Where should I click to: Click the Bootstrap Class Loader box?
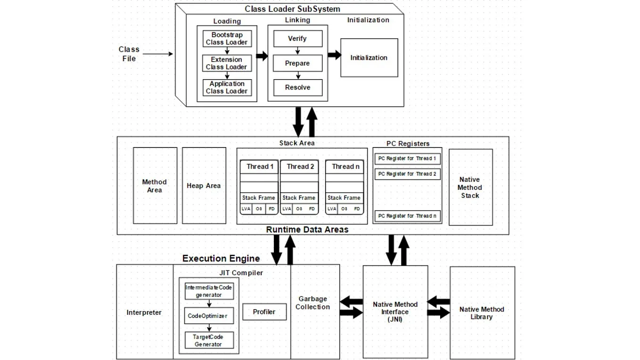coord(227,39)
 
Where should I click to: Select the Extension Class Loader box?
coord(227,63)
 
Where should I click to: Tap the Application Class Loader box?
coord(227,88)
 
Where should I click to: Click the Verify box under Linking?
coord(297,39)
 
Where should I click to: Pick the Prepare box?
coord(297,63)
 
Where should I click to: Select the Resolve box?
coord(297,88)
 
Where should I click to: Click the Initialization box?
coord(369,58)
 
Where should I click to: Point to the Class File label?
coord(128,54)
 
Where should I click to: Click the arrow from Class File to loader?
coord(158,54)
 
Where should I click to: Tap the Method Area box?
coord(155,186)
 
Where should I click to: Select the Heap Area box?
coord(204,186)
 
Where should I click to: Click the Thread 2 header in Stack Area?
coord(300,166)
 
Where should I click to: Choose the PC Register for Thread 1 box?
coord(407,159)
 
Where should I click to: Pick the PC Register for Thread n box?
coord(407,216)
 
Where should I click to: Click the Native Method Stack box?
coord(470,187)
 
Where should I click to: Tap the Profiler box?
coord(264,312)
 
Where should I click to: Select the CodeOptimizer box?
coord(208,316)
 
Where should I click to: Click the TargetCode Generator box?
coord(208,340)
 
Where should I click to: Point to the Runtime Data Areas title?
coord(307,230)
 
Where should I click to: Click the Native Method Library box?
coord(482,313)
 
